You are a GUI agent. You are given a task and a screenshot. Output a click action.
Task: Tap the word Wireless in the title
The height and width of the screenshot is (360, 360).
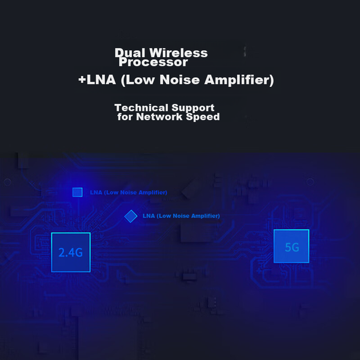179,53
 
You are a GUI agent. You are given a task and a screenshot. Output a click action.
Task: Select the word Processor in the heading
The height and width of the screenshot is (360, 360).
153,62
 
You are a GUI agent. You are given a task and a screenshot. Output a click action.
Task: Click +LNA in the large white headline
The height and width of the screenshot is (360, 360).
97,79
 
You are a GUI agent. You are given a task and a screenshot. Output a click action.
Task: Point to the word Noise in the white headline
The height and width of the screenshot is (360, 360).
179,79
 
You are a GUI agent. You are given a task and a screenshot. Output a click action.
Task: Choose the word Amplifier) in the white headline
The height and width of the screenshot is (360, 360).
239,80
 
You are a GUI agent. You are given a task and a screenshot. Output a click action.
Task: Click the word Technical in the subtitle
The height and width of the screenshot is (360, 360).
141,107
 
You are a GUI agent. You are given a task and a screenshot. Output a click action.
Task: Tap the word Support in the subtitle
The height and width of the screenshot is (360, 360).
193,108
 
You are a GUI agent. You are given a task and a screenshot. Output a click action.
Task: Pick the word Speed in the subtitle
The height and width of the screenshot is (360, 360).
203,117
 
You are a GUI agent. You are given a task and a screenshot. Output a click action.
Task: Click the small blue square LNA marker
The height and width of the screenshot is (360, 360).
78,192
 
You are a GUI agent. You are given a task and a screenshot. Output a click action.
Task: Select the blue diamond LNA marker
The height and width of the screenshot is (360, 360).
131,216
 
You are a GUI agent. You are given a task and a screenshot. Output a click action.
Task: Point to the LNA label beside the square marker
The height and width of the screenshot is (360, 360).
129,193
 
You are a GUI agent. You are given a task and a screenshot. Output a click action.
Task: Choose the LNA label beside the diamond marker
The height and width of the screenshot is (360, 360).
181,216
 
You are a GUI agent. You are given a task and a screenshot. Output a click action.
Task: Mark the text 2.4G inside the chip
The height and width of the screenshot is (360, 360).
70,253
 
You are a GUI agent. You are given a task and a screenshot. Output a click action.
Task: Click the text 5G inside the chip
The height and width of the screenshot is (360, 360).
292,247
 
